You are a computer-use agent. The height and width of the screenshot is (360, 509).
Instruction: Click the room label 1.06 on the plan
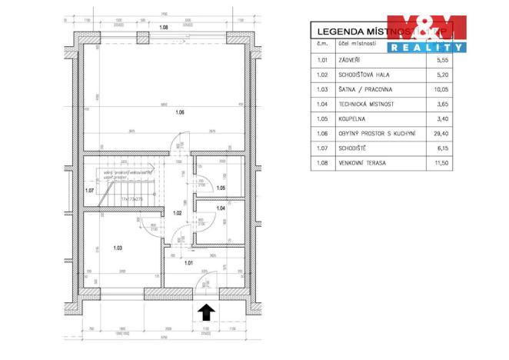coord(179,113)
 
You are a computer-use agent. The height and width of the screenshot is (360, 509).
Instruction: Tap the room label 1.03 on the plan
coord(118,248)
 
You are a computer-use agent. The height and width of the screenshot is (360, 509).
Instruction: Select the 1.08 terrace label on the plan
coord(163,28)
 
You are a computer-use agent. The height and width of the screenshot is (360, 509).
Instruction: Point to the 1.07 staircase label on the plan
coord(90,191)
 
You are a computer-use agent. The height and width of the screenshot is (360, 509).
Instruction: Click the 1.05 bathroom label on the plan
coord(220,188)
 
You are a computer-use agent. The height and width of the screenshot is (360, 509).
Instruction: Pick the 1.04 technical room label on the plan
coord(220,208)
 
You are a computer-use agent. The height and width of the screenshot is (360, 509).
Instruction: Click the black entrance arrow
coord(206,312)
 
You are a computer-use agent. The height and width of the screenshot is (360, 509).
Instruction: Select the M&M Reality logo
coord(427,33)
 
